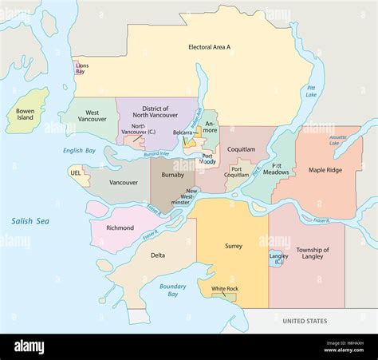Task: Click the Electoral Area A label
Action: coord(209,47)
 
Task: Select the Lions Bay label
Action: coord(81,68)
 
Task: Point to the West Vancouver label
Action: coord(93,117)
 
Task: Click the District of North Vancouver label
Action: coord(156,112)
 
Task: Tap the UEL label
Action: coord(76,172)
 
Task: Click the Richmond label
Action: coord(120,227)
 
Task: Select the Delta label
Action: coord(158,255)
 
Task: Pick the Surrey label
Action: coord(233,246)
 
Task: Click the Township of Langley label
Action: coord(312,254)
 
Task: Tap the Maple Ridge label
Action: coord(325,170)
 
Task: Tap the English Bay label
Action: coord(79,150)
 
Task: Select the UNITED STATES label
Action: coord(305,321)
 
